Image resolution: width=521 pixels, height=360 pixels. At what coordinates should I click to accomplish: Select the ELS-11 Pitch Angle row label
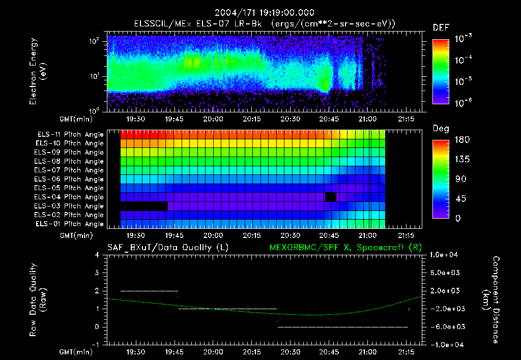[x=70, y=135]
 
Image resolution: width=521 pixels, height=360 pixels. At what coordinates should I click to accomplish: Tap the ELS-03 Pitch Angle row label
[x=70, y=206]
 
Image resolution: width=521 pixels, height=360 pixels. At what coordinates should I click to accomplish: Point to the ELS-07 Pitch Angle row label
[x=70, y=170]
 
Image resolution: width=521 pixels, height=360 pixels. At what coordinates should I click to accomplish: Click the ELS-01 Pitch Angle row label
[x=70, y=224]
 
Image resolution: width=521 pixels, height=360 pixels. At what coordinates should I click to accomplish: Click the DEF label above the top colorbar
[x=441, y=27]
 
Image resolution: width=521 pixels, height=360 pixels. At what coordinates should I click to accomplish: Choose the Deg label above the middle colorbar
[x=441, y=129]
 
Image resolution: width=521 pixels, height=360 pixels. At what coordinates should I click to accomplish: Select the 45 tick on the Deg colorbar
[x=460, y=199]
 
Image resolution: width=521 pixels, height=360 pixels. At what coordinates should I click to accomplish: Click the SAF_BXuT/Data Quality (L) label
[x=167, y=248]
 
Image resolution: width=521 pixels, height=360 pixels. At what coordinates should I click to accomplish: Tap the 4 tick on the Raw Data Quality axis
[x=97, y=255]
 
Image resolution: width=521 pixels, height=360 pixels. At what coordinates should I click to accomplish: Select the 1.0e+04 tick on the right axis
[x=445, y=255]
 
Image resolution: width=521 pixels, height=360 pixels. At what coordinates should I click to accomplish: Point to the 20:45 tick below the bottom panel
[x=329, y=351]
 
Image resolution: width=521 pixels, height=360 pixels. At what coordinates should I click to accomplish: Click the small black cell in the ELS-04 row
[x=331, y=197]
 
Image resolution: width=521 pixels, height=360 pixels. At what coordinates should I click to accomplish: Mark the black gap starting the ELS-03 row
[x=144, y=206]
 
